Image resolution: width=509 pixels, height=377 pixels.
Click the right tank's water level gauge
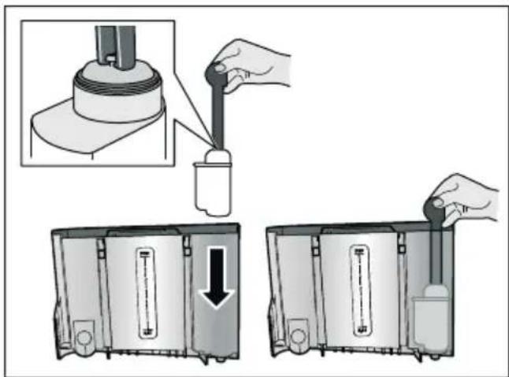click(360, 292)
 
